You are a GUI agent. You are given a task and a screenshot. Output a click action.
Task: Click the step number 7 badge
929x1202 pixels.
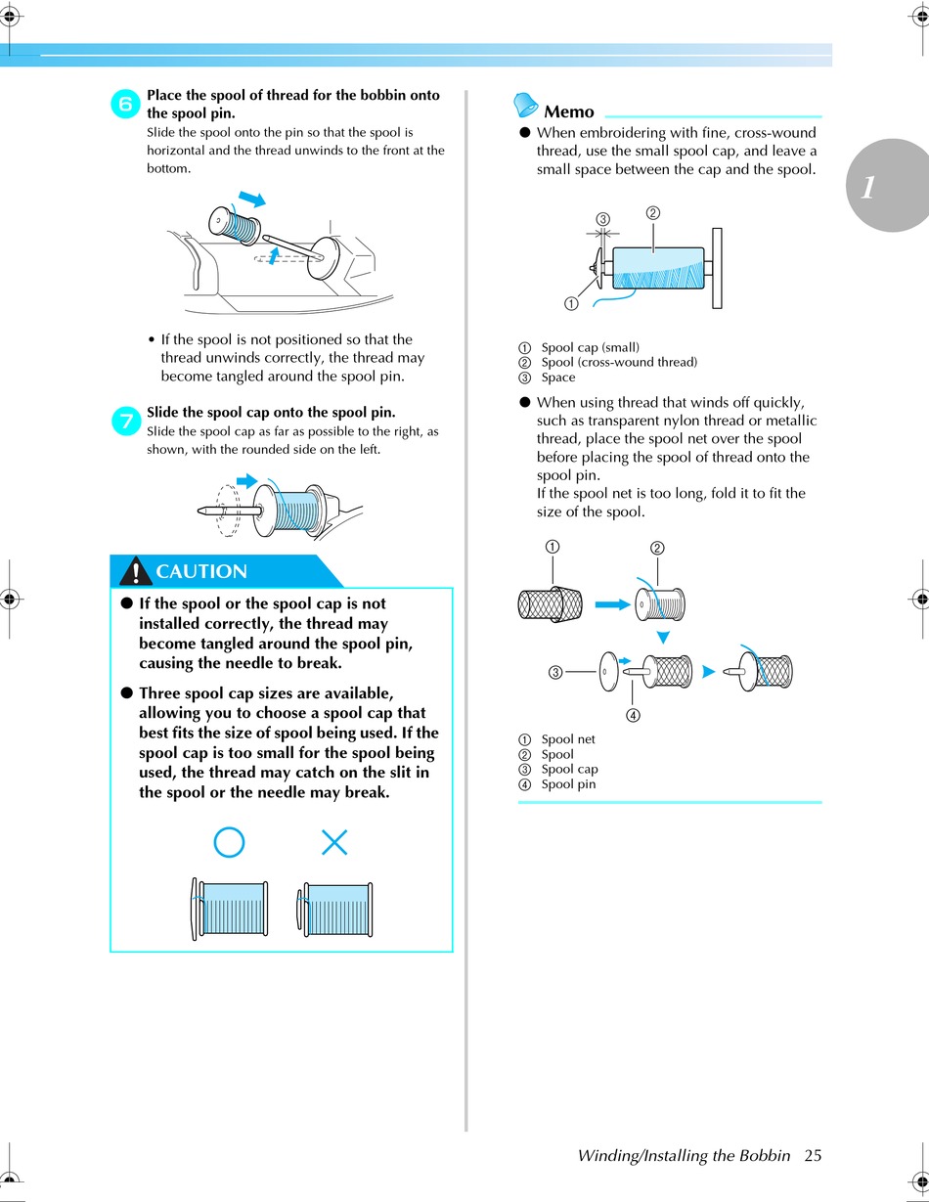[x=127, y=421]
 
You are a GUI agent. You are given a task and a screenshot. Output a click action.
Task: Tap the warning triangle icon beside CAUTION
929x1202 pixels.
[x=136, y=571]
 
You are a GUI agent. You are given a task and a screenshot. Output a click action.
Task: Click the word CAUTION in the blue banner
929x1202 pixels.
[x=201, y=571]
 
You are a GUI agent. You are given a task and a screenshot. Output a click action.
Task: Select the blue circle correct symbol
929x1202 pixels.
[x=229, y=842]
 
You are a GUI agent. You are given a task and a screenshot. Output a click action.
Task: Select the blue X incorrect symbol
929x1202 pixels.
[x=334, y=842]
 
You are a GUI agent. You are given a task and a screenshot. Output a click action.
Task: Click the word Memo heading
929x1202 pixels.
[x=568, y=111]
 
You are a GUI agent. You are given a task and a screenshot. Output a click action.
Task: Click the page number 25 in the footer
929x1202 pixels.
[x=813, y=1155]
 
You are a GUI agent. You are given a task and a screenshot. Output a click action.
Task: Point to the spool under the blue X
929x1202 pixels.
[x=335, y=911]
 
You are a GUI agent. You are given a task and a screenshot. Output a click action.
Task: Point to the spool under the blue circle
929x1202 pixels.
[x=230, y=911]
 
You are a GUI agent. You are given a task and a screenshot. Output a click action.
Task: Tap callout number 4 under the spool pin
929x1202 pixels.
[x=633, y=714]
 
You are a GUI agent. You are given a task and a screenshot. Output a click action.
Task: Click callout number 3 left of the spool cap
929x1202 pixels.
[x=554, y=672]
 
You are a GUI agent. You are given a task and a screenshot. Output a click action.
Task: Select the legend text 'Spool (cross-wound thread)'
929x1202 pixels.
[x=619, y=362]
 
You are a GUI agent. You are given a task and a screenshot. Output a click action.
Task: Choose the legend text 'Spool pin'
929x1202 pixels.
[x=568, y=784]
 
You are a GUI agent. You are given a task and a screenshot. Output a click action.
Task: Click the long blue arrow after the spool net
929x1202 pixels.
[x=613, y=604]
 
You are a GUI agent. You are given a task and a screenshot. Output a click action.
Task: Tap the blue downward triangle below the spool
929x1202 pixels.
[x=662, y=638]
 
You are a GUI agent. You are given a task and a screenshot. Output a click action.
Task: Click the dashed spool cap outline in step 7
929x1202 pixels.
[x=229, y=510]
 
